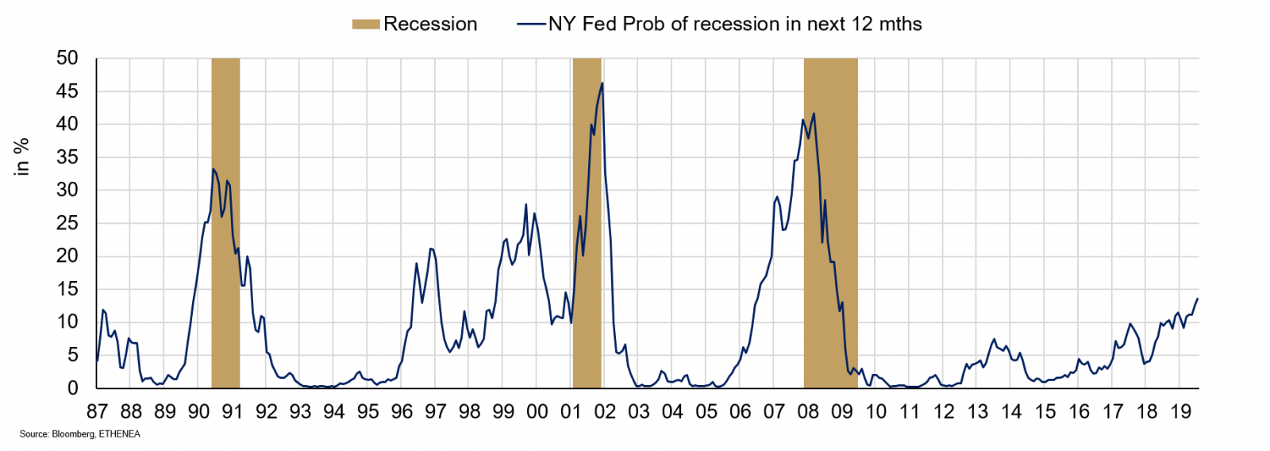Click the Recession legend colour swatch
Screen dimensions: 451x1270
click(x=366, y=25)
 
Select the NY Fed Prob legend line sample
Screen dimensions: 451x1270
click(x=531, y=25)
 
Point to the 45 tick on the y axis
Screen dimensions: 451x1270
click(x=67, y=91)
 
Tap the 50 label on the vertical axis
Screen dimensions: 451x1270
click(x=67, y=58)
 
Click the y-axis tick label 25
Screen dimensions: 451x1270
click(x=67, y=223)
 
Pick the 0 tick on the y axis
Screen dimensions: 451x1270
click(x=73, y=388)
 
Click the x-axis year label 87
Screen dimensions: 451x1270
click(x=97, y=411)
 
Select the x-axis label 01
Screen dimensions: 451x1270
click(x=571, y=411)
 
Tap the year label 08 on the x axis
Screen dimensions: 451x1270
click(x=808, y=411)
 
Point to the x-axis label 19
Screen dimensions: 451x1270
click(x=1180, y=411)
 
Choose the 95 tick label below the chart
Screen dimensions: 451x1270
click(x=368, y=411)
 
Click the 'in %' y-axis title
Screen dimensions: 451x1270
click(x=21, y=156)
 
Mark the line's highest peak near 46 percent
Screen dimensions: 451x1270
click(x=602, y=83)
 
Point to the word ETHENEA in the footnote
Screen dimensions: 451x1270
click(x=120, y=434)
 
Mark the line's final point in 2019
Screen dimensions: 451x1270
click(x=1197, y=299)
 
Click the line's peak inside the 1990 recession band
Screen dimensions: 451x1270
click(x=214, y=169)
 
